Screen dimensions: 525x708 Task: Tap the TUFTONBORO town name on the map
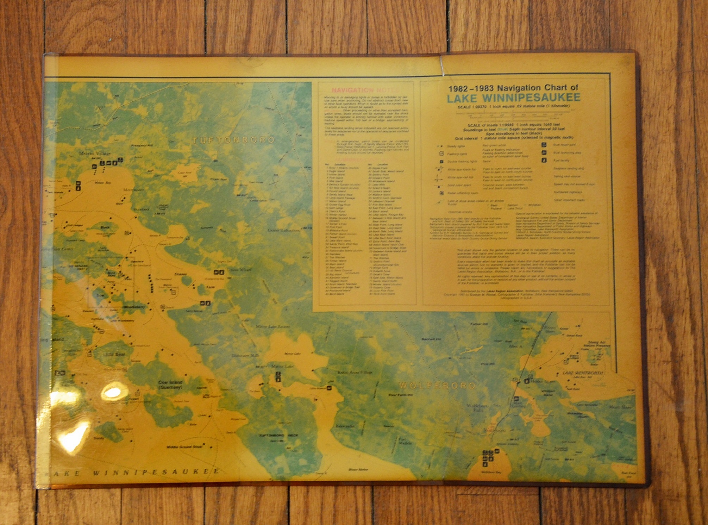click(233, 140)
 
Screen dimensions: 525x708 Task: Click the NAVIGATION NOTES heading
click(365, 90)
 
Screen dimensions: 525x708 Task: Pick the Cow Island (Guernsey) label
click(170, 385)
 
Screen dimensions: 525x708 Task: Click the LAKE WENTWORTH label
click(582, 373)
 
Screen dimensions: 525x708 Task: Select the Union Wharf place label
click(240, 270)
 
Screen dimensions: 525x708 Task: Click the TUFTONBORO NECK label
click(278, 436)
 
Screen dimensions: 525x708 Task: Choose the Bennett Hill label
click(431, 339)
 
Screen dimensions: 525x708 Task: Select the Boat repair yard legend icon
click(544, 144)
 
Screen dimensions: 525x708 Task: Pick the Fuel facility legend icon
click(544, 160)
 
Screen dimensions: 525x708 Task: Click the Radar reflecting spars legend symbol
click(441, 193)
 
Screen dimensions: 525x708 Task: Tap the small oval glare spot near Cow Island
click(112, 392)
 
